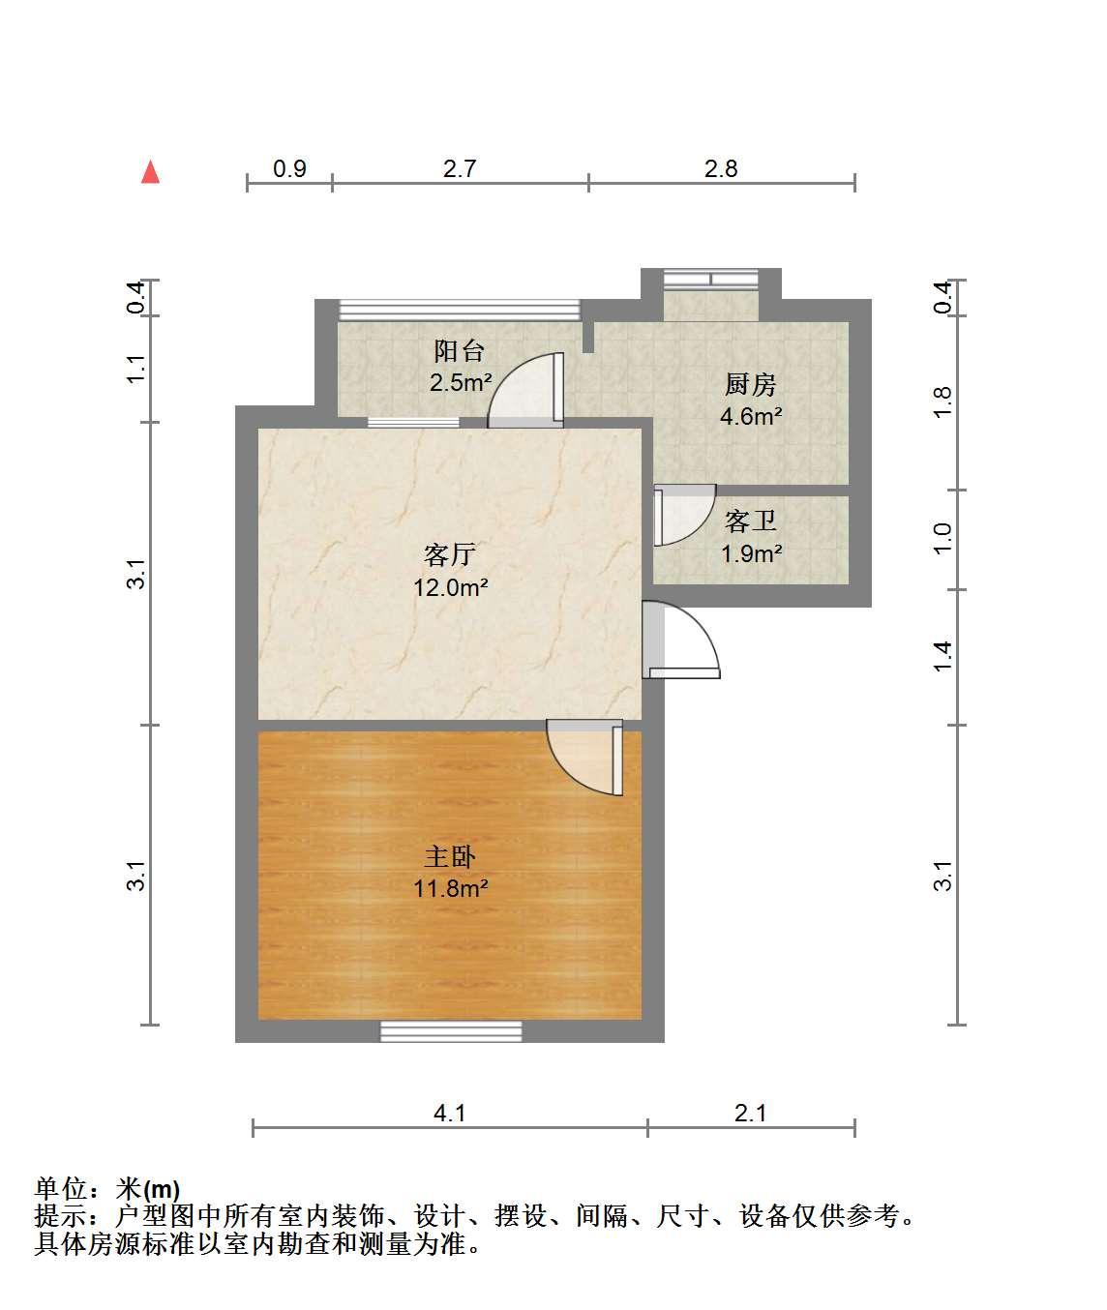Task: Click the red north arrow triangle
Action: click(x=150, y=172)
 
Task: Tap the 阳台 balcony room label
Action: click(x=459, y=350)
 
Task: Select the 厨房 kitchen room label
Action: click(x=750, y=385)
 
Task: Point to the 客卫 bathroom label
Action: click(x=750, y=521)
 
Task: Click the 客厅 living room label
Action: click(x=450, y=554)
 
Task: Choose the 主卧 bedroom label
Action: click(x=450, y=856)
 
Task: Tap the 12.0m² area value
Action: click(x=450, y=588)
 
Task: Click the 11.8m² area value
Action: click(x=450, y=889)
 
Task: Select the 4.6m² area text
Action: click(x=751, y=417)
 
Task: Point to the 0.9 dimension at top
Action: click(x=289, y=168)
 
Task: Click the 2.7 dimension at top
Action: click(x=460, y=168)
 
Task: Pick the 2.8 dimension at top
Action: click(x=721, y=168)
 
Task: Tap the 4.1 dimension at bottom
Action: click(x=449, y=1114)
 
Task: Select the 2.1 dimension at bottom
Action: click(x=751, y=1114)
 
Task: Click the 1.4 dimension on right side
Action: click(x=943, y=657)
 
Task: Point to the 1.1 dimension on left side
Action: click(x=136, y=369)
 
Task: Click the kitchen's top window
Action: click(x=711, y=280)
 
